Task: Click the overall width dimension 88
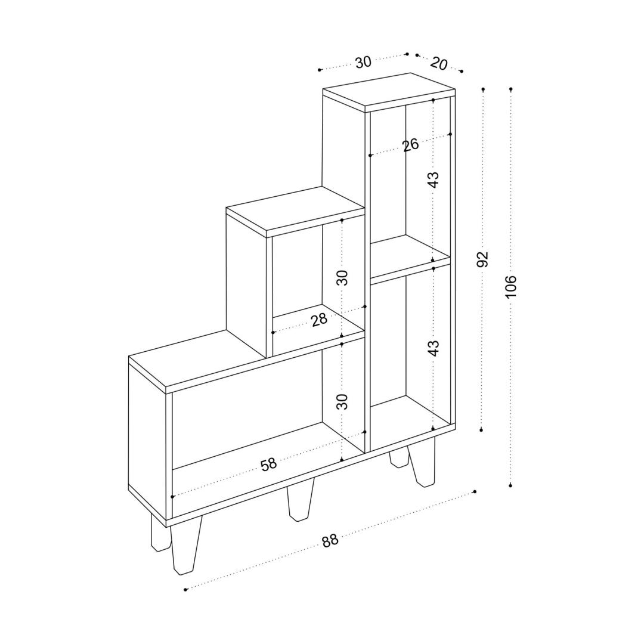pyautogui.click(x=330, y=540)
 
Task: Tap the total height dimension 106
pyautogui.click(x=510, y=286)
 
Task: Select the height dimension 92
pyautogui.click(x=484, y=259)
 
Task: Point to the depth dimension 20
pyautogui.click(x=439, y=64)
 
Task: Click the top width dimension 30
pyautogui.click(x=363, y=62)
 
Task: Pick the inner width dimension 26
pyautogui.click(x=410, y=144)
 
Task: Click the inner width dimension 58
pyautogui.click(x=268, y=465)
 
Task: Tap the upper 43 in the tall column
pyautogui.click(x=434, y=179)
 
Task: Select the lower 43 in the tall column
pyautogui.click(x=434, y=348)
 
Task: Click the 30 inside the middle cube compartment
pyautogui.click(x=342, y=278)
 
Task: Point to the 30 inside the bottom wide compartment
pyautogui.click(x=342, y=401)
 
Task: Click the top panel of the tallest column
pyautogui.click(x=389, y=92)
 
